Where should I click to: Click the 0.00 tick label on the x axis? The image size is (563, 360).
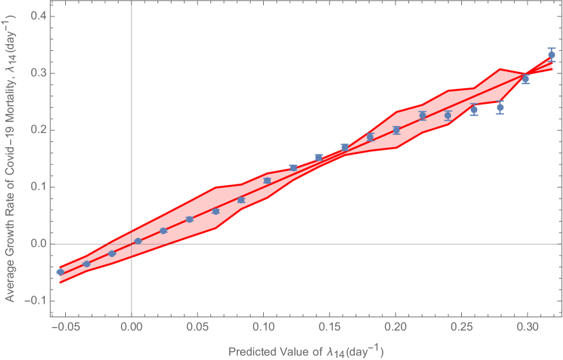[x=131, y=327]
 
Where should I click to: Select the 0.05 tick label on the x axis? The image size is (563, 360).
[x=197, y=327]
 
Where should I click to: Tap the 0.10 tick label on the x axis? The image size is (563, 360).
[x=263, y=327]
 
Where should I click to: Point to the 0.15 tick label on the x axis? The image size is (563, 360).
[x=329, y=327]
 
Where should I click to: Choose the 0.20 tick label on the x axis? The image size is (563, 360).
[x=395, y=327]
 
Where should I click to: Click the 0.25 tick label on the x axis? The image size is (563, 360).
[x=461, y=327]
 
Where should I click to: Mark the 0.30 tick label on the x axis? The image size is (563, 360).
[x=527, y=327]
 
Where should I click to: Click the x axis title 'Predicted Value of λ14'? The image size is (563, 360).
[x=306, y=351]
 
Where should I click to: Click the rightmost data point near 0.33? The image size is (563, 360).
[x=551, y=55]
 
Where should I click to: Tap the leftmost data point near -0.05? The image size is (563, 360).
[x=60, y=272]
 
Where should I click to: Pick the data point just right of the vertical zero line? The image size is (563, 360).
[x=138, y=241]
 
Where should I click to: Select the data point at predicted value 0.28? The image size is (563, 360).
[x=500, y=107]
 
